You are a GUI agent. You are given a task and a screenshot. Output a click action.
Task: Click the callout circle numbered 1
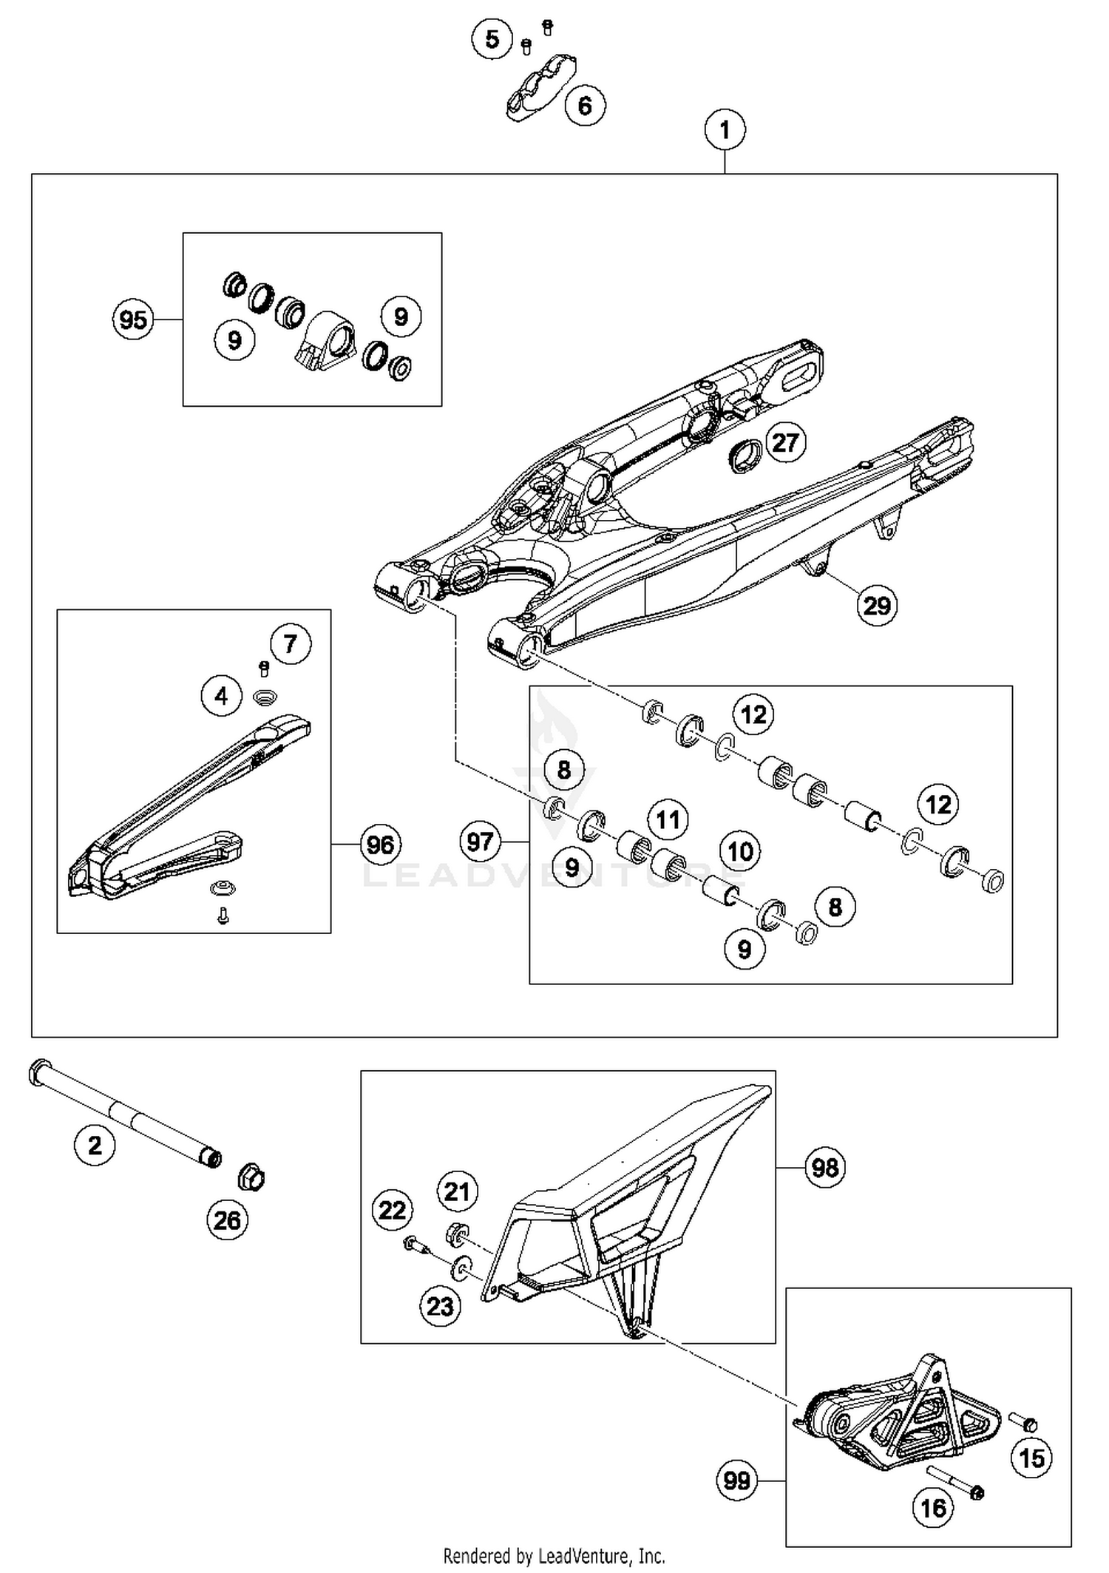725,130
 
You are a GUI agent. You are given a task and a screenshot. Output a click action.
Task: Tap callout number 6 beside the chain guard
585,106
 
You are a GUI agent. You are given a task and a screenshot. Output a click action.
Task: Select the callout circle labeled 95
133,320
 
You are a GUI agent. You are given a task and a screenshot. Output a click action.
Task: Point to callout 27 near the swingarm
784,442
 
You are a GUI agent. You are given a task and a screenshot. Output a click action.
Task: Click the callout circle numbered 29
877,606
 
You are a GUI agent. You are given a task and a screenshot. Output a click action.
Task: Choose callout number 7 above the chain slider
290,643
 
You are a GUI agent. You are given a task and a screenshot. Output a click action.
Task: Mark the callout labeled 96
380,845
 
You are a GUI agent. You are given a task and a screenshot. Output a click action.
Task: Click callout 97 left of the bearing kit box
480,842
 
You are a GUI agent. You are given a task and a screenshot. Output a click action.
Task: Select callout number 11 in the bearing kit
668,819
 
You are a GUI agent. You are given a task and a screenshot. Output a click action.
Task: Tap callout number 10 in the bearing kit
740,851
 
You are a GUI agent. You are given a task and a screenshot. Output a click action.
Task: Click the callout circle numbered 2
95,1146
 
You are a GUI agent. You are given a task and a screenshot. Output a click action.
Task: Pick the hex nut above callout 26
251,1177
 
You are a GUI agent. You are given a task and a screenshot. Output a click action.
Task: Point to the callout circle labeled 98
825,1168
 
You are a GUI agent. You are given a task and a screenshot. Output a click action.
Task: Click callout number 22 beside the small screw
392,1211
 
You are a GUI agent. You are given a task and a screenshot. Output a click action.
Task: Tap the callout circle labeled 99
736,1481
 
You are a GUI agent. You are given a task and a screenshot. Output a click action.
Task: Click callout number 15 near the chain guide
1031,1458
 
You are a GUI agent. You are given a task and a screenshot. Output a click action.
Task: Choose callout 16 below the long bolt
933,1508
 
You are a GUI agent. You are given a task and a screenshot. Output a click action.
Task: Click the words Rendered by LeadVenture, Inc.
554,1556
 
